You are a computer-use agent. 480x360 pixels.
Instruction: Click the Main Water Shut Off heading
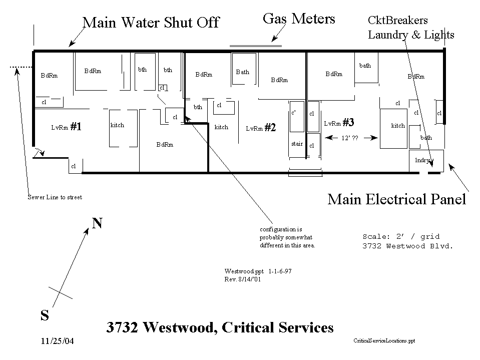tap(151, 23)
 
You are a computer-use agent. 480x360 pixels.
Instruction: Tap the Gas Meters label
tap(298, 20)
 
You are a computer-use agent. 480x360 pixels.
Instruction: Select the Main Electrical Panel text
tap(396, 199)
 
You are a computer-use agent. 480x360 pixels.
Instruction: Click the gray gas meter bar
tap(256, 46)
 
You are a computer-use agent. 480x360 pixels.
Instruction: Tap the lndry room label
tap(422, 160)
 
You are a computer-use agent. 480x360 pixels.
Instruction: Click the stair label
tap(297, 144)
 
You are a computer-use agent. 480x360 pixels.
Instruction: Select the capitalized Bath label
tap(242, 72)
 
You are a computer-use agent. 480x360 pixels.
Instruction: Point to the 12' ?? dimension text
tap(349, 137)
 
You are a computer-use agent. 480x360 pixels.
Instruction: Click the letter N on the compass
tap(97, 223)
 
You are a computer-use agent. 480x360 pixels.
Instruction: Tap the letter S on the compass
tap(45, 315)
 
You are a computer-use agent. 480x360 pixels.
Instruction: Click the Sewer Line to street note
tap(55, 197)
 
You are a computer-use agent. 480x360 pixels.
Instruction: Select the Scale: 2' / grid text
tap(401, 236)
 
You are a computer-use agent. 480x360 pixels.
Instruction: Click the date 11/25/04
tap(57, 341)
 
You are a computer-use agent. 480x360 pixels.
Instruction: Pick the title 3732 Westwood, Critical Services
tap(220, 327)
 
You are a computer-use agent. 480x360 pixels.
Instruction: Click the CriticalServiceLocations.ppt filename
tap(384, 340)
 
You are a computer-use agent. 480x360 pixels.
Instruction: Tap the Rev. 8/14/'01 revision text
tap(243, 279)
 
